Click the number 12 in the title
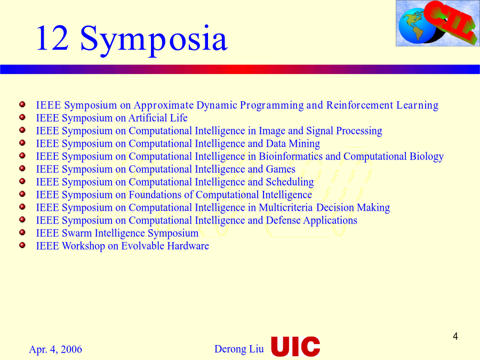(x=52, y=38)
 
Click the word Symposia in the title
(x=154, y=41)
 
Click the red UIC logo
(x=295, y=346)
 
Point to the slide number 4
(x=455, y=337)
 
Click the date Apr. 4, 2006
(x=55, y=349)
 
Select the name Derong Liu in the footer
(x=239, y=349)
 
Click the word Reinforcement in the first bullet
(x=359, y=105)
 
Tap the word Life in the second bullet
(x=179, y=118)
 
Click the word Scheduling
(x=290, y=182)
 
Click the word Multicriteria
(x=286, y=208)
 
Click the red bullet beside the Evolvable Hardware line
(x=22, y=245)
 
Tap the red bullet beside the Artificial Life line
(x=22, y=117)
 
